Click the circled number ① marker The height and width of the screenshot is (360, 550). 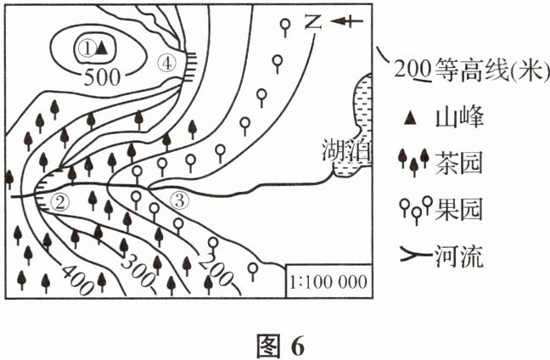pyautogui.click(x=85, y=48)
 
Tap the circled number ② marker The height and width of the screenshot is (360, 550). pyautogui.click(x=59, y=202)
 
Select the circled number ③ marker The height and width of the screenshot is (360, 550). pyautogui.click(x=179, y=201)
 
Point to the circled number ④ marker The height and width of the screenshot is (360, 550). pyautogui.click(x=167, y=62)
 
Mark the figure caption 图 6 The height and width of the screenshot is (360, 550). pyautogui.click(x=274, y=345)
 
